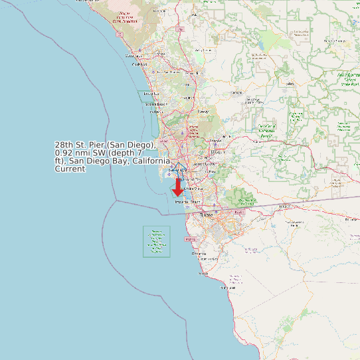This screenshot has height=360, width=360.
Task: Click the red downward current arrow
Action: pos(178,189)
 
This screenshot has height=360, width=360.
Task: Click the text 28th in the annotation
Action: pos(64,145)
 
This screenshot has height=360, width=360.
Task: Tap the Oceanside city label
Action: pos(130,54)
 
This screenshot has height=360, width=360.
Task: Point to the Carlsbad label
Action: pos(139,64)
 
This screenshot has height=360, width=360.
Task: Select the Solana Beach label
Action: pos(157,104)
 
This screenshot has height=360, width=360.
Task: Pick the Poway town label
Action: pos(203,112)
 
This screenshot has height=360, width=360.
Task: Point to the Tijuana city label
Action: pos(205,215)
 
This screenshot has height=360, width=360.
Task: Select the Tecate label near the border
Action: pos(286,207)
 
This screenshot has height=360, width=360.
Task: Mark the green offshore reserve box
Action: pos(157,242)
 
